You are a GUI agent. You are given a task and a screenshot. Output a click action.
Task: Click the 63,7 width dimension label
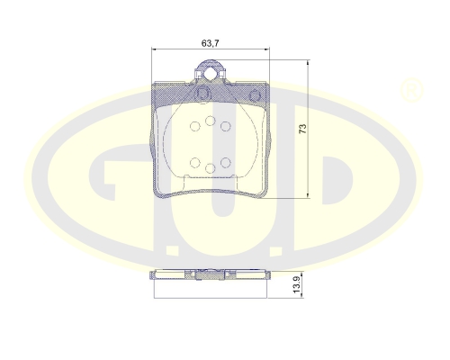(211, 43)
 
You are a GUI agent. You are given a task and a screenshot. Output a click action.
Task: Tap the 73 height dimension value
(303, 129)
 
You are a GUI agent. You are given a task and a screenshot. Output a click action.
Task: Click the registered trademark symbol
(411, 90)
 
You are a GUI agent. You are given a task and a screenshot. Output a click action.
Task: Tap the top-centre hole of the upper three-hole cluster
(211, 121)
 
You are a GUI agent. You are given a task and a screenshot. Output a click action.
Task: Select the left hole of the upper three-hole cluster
(195, 126)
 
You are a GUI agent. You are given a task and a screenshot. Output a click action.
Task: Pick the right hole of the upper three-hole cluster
(225, 126)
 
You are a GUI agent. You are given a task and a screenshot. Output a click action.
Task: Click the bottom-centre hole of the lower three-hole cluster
(211, 168)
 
